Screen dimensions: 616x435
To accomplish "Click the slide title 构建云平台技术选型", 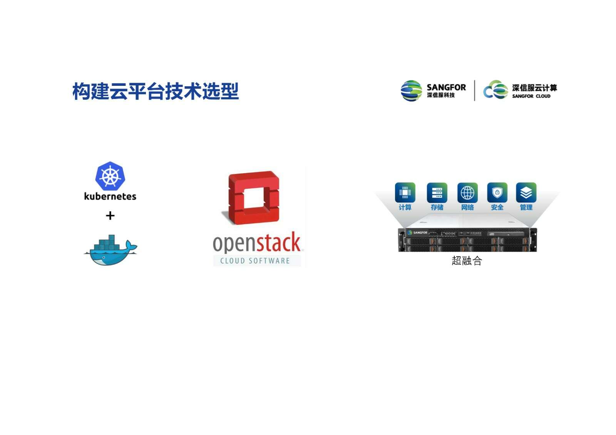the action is tap(156, 91).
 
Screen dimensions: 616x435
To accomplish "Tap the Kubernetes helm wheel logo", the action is tap(110, 176).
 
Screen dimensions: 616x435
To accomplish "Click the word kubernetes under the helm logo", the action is tap(110, 196).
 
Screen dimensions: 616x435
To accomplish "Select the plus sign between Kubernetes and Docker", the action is tap(110, 216).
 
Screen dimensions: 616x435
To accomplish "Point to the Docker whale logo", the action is tap(110, 250).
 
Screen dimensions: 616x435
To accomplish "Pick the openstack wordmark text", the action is tap(257, 242).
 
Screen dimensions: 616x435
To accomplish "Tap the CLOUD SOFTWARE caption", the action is tap(255, 261).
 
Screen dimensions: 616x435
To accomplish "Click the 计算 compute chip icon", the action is tap(405, 192).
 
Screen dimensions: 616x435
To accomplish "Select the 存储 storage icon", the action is tap(437, 192).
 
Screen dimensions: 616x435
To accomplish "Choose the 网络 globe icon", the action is tap(467, 192).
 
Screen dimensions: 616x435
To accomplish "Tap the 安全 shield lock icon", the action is tap(497, 192).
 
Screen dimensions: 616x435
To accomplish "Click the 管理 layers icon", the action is tap(526, 192).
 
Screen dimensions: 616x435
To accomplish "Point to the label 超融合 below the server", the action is tap(467, 260).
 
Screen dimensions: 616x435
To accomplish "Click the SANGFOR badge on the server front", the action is tap(417, 233).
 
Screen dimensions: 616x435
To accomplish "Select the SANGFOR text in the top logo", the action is tap(446, 87).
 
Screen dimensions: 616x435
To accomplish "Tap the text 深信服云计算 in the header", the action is tap(535, 88).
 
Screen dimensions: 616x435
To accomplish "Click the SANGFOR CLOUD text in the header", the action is tap(531, 96).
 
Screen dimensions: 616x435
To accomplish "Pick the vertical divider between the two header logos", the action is tap(475, 90).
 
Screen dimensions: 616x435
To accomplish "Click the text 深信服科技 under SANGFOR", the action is tap(441, 95).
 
